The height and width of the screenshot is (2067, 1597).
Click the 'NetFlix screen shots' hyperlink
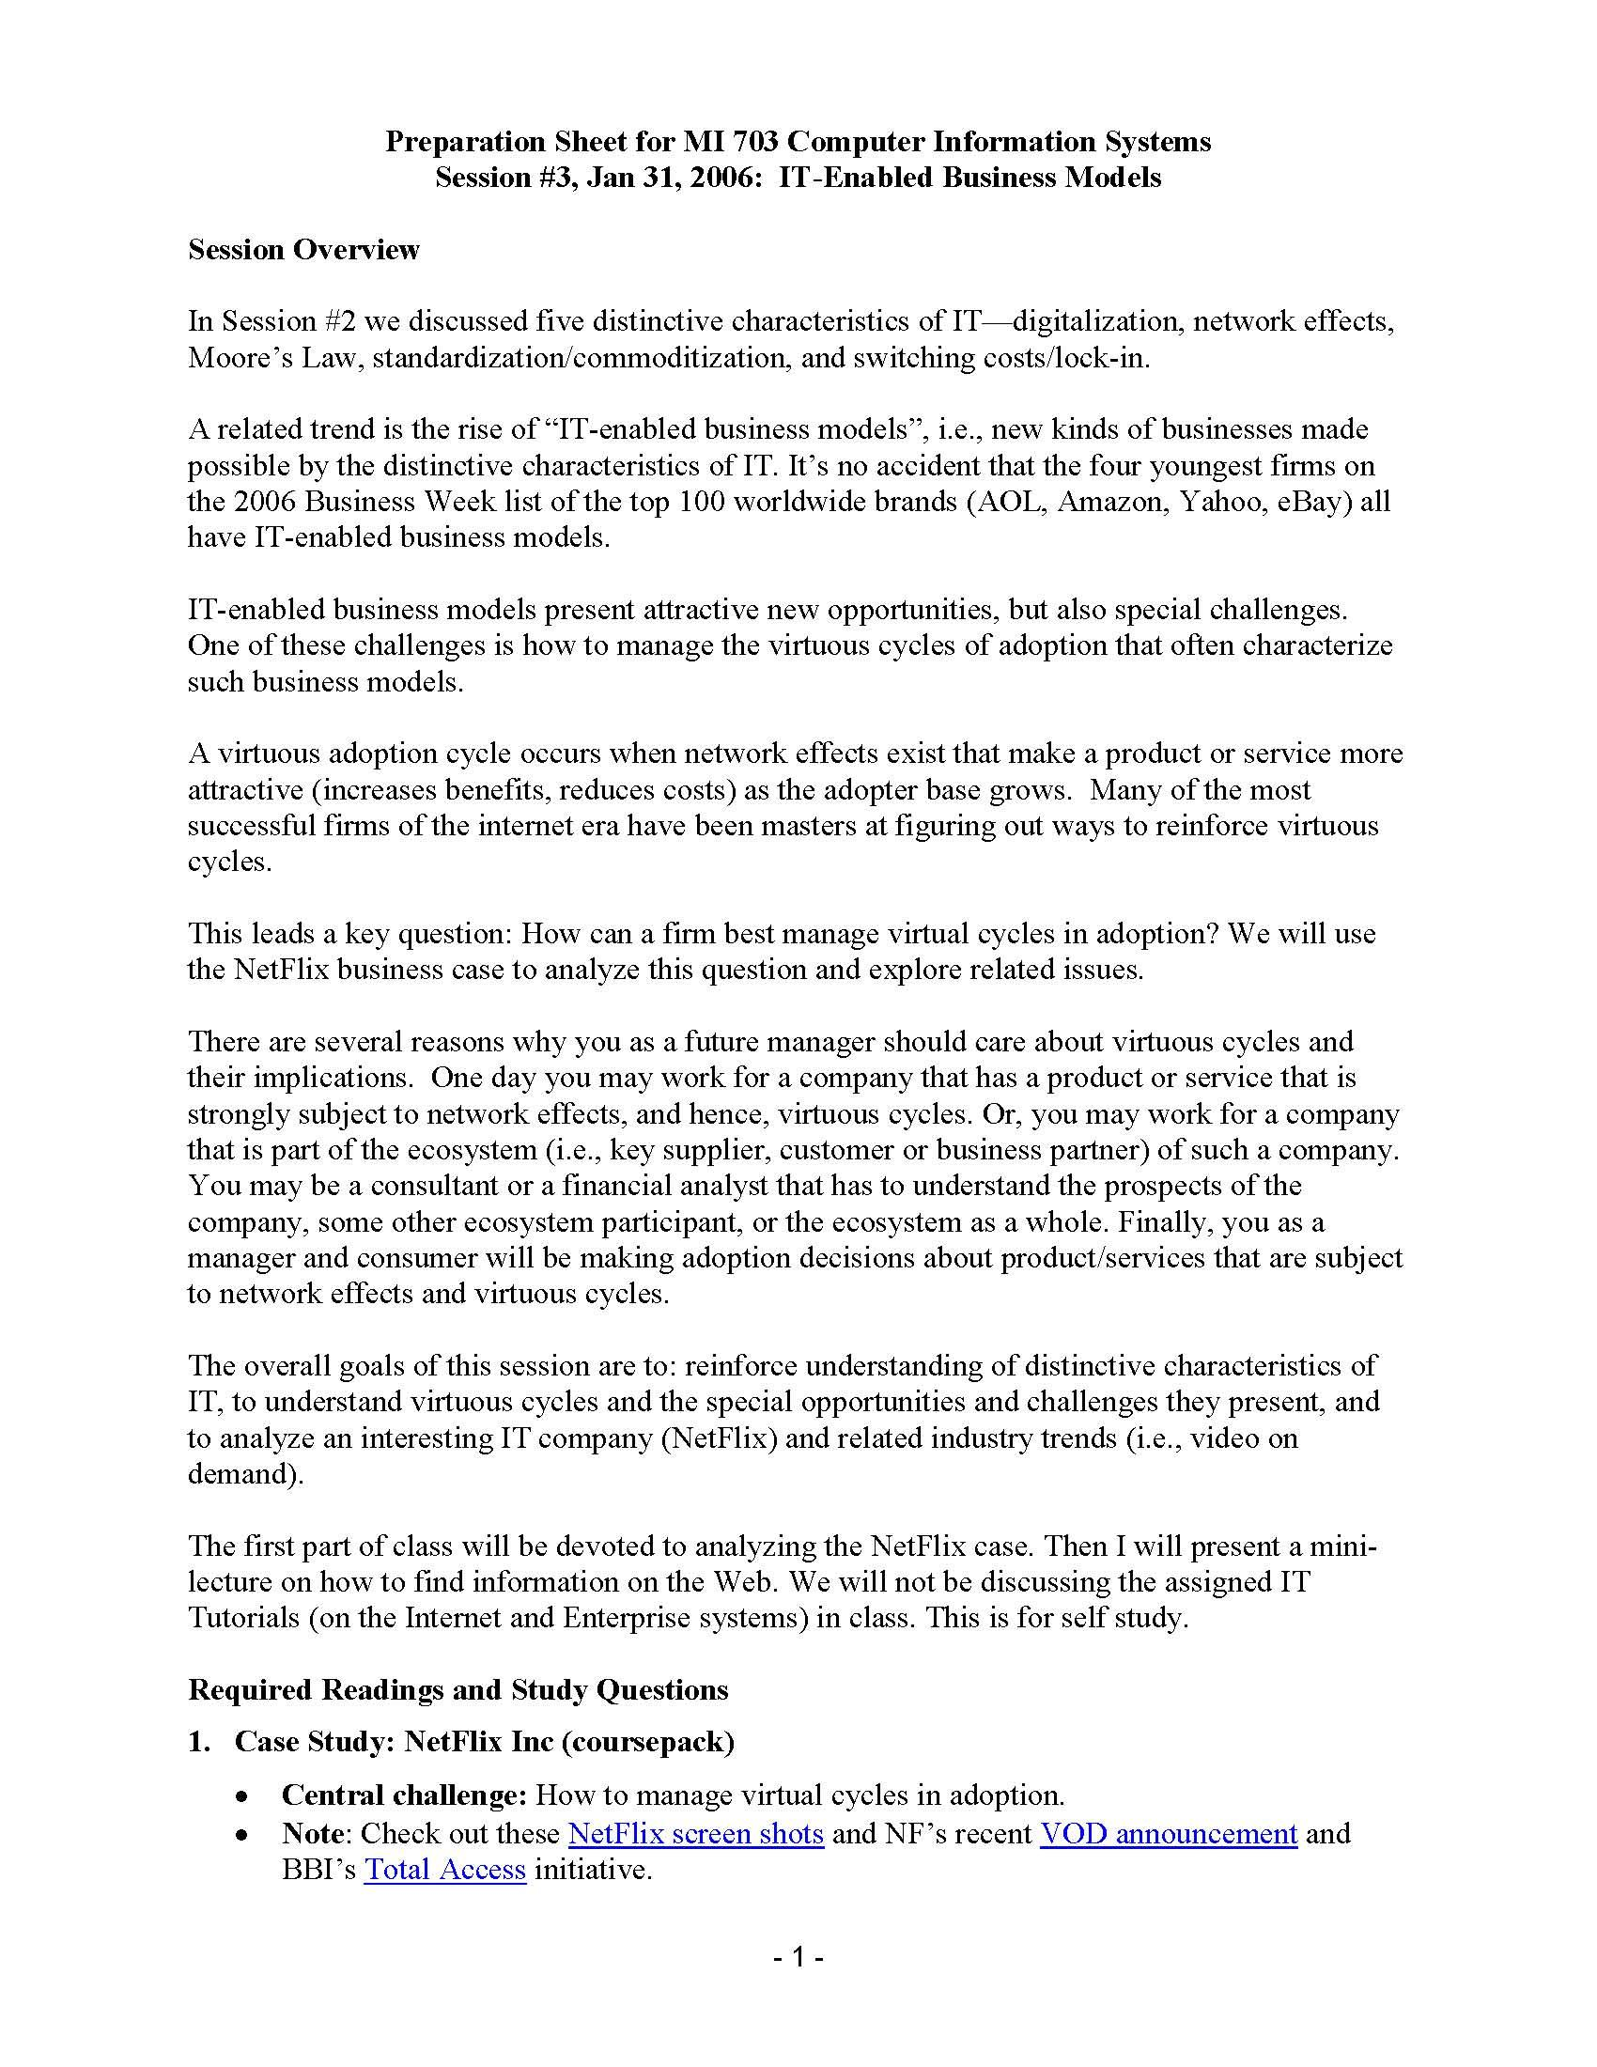click(695, 1833)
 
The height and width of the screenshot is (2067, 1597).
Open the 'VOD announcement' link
click(1168, 1833)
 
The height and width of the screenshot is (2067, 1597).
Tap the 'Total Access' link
click(444, 1869)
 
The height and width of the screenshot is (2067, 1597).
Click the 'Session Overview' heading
click(303, 250)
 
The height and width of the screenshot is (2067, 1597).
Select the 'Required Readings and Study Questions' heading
click(457, 1689)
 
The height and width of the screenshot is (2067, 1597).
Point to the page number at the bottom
click(798, 1956)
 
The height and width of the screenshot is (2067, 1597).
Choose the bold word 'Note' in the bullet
click(312, 1833)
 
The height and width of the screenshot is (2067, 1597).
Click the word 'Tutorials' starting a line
click(243, 1618)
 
